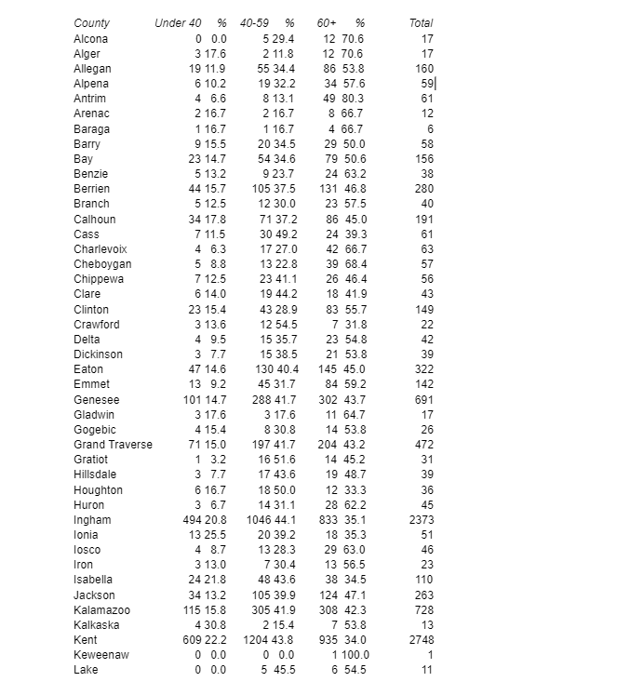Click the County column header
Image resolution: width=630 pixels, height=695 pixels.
point(91,22)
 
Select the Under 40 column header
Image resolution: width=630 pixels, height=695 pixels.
point(177,22)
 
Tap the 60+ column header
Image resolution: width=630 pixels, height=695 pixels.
point(326,22)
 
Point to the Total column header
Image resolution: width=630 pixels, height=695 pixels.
point(421,22)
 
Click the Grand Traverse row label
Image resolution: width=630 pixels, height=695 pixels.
point(113,445)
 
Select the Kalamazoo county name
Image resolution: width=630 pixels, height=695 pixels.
point(101,609)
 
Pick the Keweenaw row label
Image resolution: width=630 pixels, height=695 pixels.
point(101,655)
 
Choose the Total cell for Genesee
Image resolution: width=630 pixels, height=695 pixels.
point(424,399)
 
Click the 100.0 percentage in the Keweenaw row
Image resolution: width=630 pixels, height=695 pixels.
point(352,655)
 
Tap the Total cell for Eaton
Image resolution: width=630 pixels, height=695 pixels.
point(424,369)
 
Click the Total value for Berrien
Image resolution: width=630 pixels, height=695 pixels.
point(424,189)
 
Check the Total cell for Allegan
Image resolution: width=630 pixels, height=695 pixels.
point(424,68)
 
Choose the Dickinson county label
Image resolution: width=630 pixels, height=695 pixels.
point(98,354)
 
